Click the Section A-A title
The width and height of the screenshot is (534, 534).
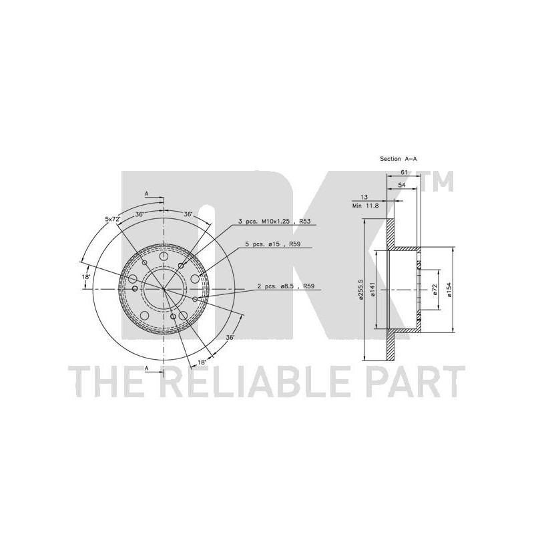[403, 159]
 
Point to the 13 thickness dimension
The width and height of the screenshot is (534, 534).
[364, 198]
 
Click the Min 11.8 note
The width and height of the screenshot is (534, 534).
[365, 206]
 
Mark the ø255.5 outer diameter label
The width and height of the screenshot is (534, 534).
[360, 290]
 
